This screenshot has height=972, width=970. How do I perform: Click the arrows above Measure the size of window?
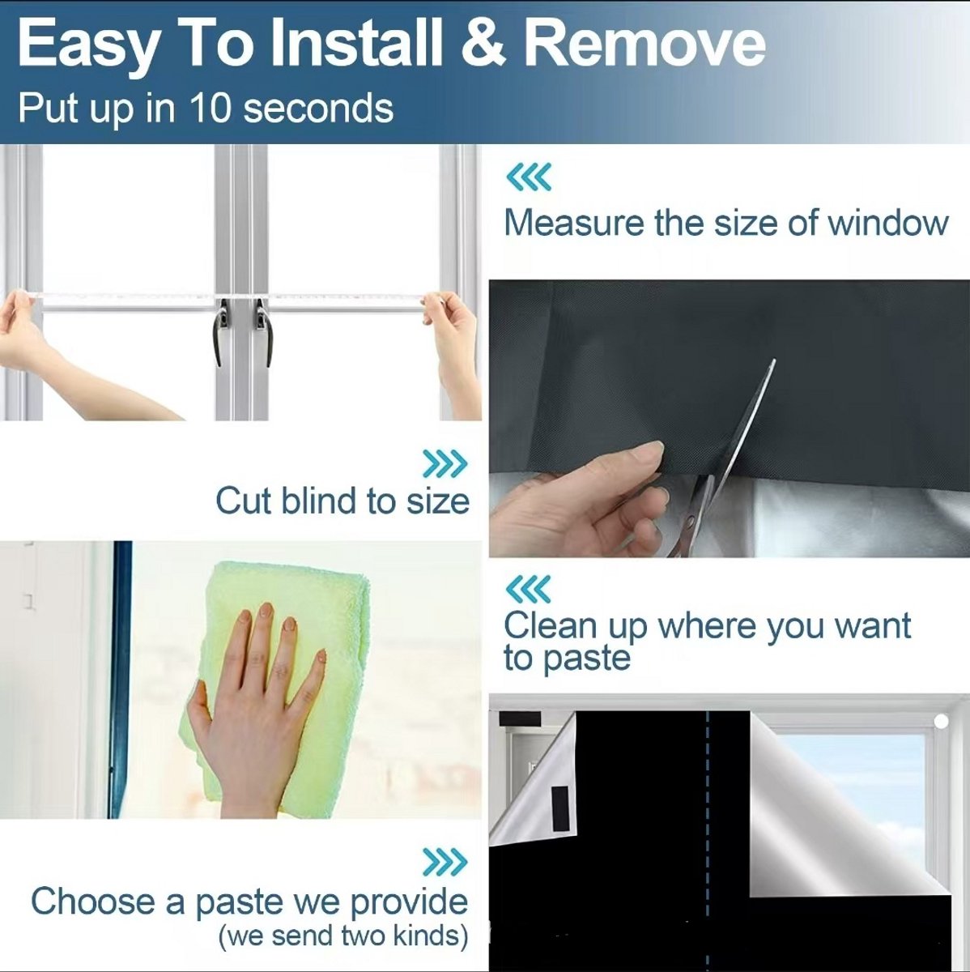point(529,177)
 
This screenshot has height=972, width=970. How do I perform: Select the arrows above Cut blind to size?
point(445,463)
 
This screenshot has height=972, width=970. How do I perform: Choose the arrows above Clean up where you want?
point(529,589)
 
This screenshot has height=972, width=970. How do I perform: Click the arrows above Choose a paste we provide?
point(445,863)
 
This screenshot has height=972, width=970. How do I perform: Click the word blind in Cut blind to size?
point(319,501)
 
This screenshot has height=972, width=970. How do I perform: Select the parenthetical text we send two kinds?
point(343,936)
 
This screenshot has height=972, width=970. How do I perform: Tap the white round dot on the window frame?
point(941,722)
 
